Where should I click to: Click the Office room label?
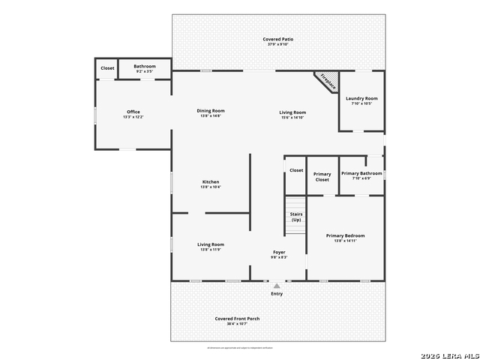pyautogui.click(x=133, y=112)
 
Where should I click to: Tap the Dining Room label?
pyautogui.click(x=211, y=111)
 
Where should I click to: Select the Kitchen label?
pyautogui.click(x=211, y=182)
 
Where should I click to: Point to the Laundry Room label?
pyautogui.click(x=361, y=98)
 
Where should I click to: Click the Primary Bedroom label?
pyautogui.click(x=345, y=235)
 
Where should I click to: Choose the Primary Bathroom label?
pyautogui.click(x=361, y=173)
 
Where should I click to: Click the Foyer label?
pyautogui.click(x=278, y=252)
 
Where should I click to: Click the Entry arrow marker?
pyautogui.click(x=277, y=286)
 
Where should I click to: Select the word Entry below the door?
pyautogui.click(x=277, y=293)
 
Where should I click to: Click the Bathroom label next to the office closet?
pyautogui.click(x=145, y=66)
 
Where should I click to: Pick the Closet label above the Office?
pyautogui.click(x=107, y=67)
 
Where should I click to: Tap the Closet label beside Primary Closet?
pyautogui.click(x=296, y=170)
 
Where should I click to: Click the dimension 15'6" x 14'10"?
pyautogui.click(x=293, y=118)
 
